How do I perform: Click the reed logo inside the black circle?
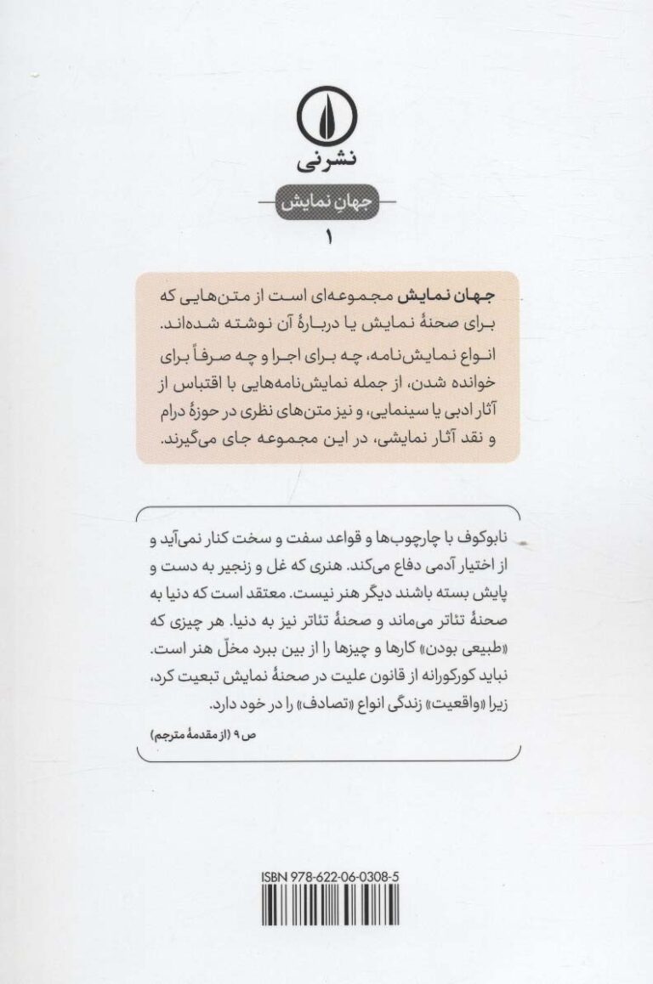pos(326,118)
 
